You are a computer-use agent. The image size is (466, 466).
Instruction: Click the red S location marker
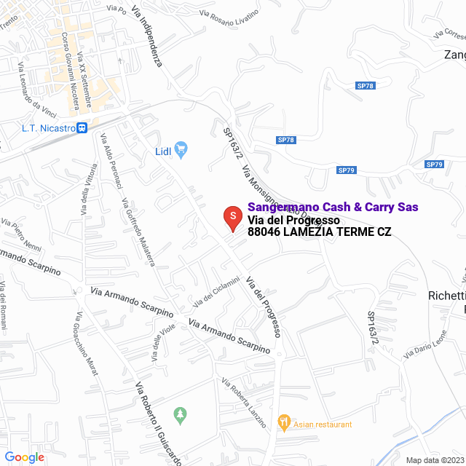232,217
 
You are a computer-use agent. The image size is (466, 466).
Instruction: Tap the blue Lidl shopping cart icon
182,151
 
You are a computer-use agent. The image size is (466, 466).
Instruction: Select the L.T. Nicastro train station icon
82,128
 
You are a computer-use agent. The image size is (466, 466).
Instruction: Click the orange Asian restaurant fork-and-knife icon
283,422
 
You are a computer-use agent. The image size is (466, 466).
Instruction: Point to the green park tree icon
180,415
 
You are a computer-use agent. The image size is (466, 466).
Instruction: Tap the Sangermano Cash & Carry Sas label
333,208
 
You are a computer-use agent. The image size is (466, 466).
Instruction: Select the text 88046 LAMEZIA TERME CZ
319,232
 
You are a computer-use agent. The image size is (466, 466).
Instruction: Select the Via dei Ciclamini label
216,292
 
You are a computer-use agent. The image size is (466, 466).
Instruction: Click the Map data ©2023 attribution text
435,459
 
